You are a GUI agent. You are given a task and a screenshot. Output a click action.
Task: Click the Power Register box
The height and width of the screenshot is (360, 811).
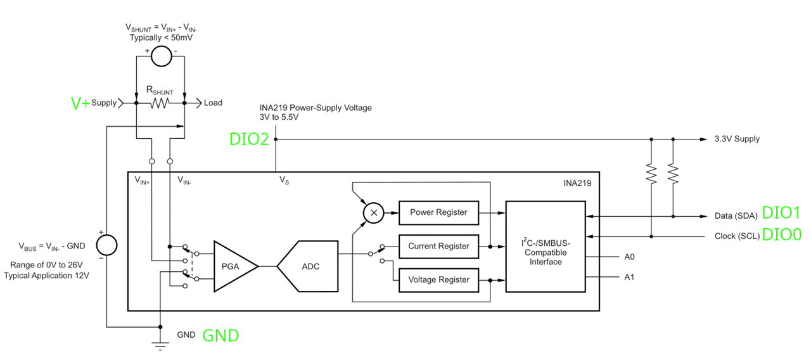(x=438, y=213)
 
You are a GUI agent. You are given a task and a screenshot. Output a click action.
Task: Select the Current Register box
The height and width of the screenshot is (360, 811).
(x=438, y=247)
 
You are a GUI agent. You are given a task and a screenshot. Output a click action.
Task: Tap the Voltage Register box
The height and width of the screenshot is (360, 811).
(x=438, y=280)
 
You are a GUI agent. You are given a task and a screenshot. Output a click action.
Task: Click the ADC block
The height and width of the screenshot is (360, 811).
(x=308, y=266)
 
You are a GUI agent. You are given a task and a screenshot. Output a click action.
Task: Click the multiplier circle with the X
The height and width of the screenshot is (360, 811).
(x=374, y=213)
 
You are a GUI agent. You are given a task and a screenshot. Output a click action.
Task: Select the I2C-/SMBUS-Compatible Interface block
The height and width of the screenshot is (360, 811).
(x=546, y=247)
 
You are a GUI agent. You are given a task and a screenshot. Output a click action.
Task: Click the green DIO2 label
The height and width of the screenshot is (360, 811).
(x=249, y=139)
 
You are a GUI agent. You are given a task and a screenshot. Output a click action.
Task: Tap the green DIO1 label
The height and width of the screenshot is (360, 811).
(x=781, y=213)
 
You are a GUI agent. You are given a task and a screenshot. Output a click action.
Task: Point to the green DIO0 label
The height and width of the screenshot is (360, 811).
(x=782, y=235)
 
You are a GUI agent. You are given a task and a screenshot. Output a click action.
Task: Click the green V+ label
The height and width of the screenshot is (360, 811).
(x=80, y=103)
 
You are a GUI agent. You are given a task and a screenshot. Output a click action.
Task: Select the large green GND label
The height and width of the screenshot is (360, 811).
(x=220, y=336)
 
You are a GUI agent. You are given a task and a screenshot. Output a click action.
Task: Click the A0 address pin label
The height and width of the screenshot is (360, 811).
(x=629, y=257)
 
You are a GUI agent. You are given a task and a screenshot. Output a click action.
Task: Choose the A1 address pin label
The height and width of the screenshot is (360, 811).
(x=629, y=277)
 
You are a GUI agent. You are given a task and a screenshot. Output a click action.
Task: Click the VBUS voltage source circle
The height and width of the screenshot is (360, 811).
(x=107, y=245)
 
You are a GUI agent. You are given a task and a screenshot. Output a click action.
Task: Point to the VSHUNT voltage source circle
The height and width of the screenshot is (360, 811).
(x=161, y=56)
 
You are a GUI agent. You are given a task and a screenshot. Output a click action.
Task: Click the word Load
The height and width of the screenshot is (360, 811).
(x=213, y=103)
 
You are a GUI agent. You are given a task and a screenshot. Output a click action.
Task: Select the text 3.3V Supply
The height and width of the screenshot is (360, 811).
(x=737, y=139)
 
